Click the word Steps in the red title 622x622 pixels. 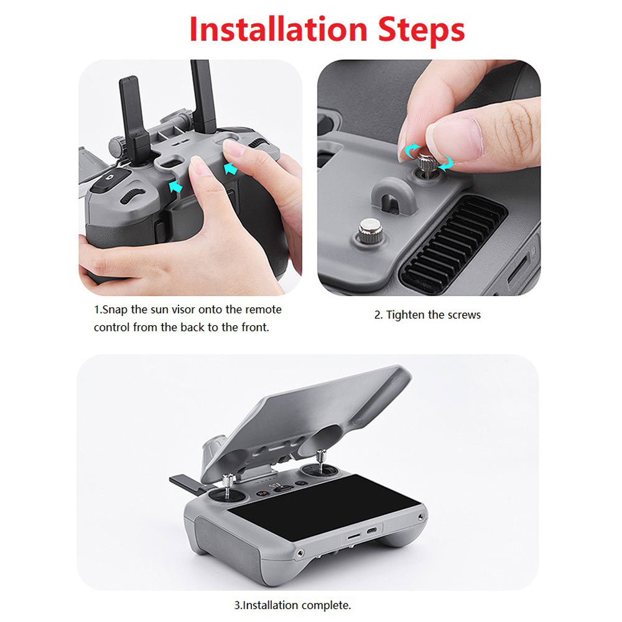click(421, 31)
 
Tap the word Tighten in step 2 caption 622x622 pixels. click(405, 315)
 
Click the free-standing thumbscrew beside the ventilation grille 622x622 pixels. click(371, 231)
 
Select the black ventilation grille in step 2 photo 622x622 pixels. click(453, 242)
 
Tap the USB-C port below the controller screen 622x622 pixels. click(372, 531)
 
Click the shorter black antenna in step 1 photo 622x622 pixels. click(134, 119)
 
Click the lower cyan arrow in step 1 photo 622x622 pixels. click(175, 187)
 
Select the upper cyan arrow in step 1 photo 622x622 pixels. click(231, 169)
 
